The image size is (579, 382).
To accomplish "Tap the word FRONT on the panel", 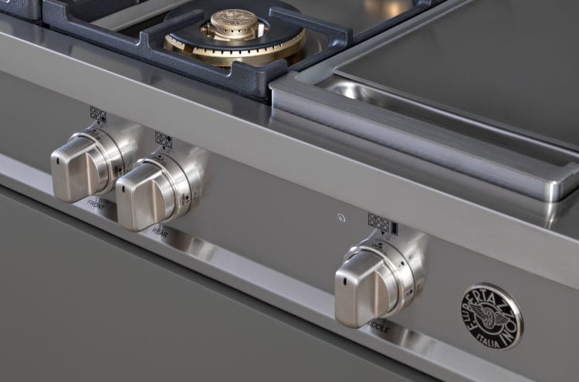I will click(96, 204).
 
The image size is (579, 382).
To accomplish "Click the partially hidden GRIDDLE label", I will click(380, 329).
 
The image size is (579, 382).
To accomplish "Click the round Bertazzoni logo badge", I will click(491, 316).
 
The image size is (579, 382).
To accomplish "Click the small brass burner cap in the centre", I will click(234, 23).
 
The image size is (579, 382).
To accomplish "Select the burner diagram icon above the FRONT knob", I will click(97, 114).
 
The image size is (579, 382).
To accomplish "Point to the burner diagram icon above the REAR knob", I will click(163, 139).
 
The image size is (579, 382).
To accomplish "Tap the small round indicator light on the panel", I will click(340, 218).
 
